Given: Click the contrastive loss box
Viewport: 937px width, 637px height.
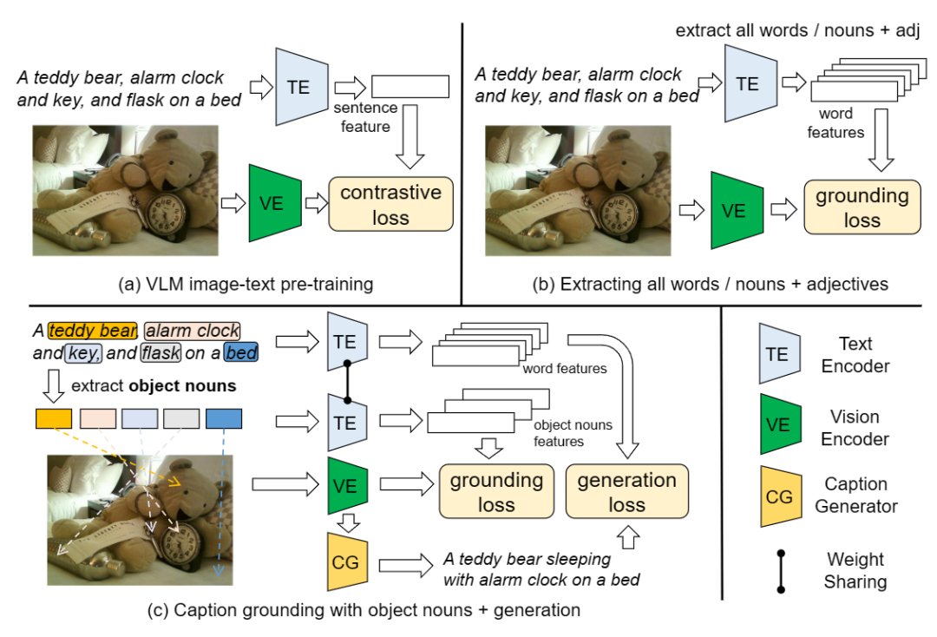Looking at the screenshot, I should point(390,205).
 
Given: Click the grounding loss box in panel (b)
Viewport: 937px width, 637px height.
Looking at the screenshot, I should point(861,208).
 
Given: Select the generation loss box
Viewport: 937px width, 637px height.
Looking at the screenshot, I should point(626,492).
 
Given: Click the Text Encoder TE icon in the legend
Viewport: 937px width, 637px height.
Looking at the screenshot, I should point(779,354).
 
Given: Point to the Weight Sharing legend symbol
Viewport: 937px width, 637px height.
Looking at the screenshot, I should point(781,570).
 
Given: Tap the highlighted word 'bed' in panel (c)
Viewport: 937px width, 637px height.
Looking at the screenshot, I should point(239,353).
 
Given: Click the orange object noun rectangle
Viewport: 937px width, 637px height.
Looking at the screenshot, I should point(53,418).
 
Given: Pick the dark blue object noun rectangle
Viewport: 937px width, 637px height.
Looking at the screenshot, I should point(224,418).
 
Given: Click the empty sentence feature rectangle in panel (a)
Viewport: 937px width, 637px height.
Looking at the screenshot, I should point(410,87).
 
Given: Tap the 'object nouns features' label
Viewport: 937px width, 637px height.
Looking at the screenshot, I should point(573,433).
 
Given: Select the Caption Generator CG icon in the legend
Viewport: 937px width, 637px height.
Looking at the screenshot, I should point(779,496).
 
